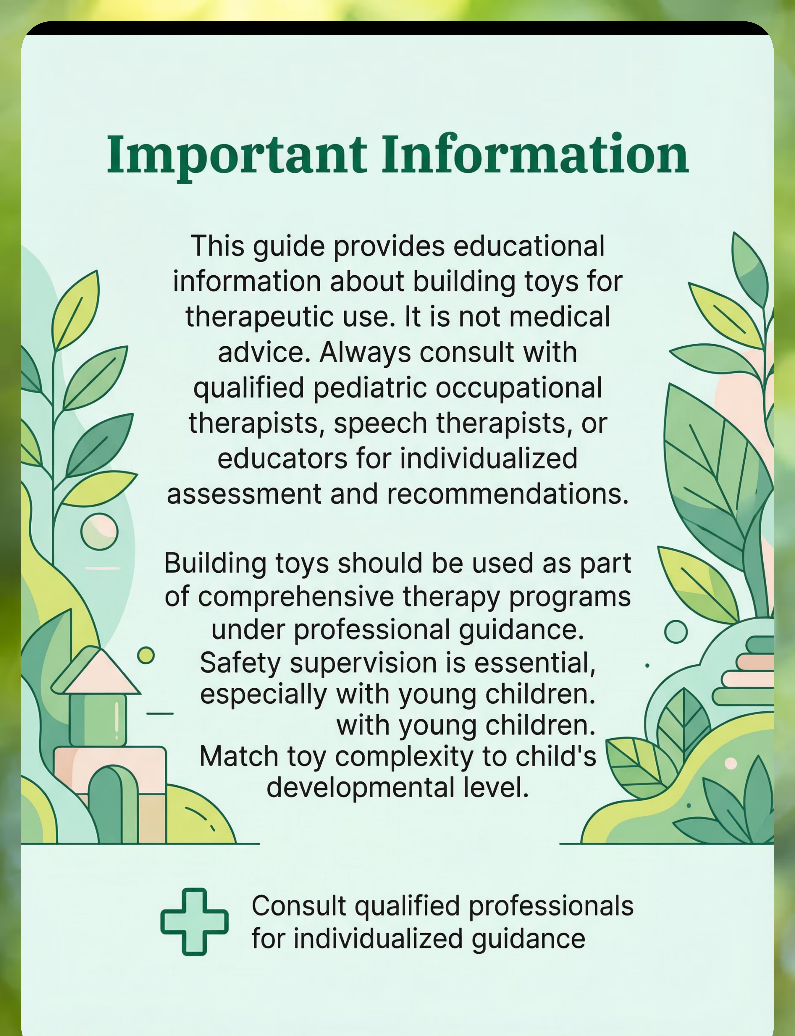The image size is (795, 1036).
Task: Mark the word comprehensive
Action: click(x=296, y=597)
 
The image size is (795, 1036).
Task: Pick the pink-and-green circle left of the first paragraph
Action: click(x=99, y=531)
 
